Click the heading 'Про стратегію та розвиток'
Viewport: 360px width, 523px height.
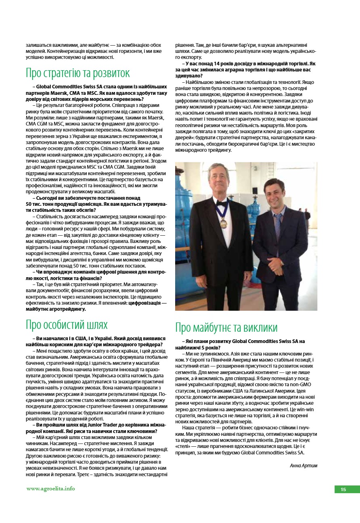coord(78,73)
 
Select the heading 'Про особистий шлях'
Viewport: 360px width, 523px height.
coord(67,324)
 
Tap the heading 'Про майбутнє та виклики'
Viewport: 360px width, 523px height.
coord(226,327)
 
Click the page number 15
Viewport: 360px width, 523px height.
coord(343,490)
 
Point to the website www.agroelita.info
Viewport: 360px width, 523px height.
coord(50,488)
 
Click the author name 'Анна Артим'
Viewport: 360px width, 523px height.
coord(303,465)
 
